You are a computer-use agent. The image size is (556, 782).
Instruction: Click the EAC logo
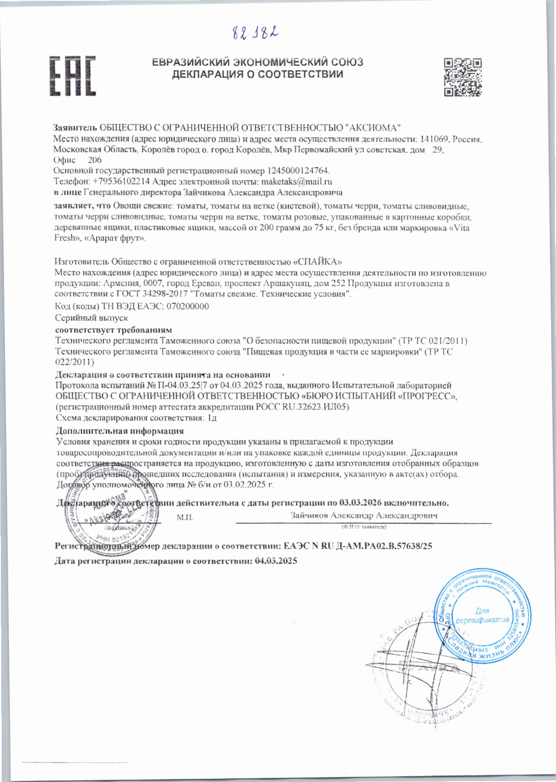73,76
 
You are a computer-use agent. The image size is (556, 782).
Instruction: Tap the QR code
462,77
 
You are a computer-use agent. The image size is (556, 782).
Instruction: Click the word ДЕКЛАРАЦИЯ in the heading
204,74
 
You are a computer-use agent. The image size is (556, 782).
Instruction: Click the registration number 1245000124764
297,170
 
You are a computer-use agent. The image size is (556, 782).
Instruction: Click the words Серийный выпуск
91,318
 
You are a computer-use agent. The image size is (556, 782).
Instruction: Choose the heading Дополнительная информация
120,431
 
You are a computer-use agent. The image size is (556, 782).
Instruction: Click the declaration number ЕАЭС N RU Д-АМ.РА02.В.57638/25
358,546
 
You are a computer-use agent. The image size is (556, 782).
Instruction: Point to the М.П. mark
185,518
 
